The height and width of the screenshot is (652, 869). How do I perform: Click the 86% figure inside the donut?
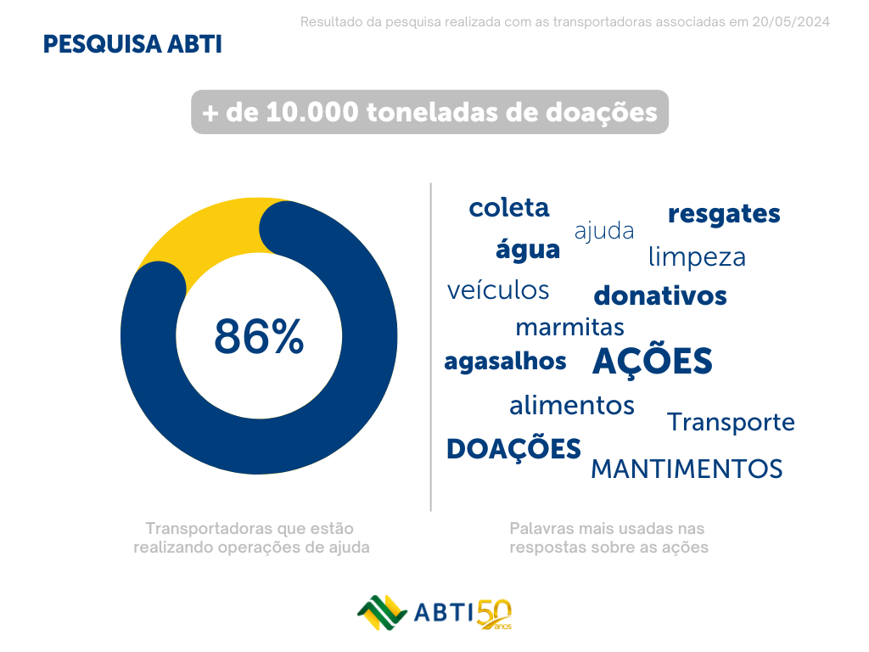[259, 337]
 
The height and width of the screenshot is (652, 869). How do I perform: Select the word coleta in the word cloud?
[509, 208]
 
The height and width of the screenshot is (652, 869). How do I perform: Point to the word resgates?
[724, 215]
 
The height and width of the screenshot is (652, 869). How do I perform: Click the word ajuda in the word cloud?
[604, 231]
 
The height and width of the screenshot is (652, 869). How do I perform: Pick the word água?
[528, 250]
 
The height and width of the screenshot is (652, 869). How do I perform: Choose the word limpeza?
[697, 257]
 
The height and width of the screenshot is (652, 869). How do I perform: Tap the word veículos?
[498, 290]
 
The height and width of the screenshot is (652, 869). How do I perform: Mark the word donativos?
[660, 296]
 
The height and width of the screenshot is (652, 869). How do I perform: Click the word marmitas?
[569, 327]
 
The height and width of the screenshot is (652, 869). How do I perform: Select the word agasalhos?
[505, 362]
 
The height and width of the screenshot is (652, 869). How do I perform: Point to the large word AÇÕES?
[652, 362]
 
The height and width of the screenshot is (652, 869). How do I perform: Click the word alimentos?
[572, 406]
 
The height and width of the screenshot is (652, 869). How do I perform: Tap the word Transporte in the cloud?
[731, 422]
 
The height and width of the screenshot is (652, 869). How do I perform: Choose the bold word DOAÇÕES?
[513, 449]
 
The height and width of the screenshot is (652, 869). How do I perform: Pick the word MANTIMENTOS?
[687, 469]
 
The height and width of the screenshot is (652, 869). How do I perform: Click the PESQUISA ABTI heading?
[132, 45]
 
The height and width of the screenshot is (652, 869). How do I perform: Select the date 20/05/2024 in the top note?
[791, 21]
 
